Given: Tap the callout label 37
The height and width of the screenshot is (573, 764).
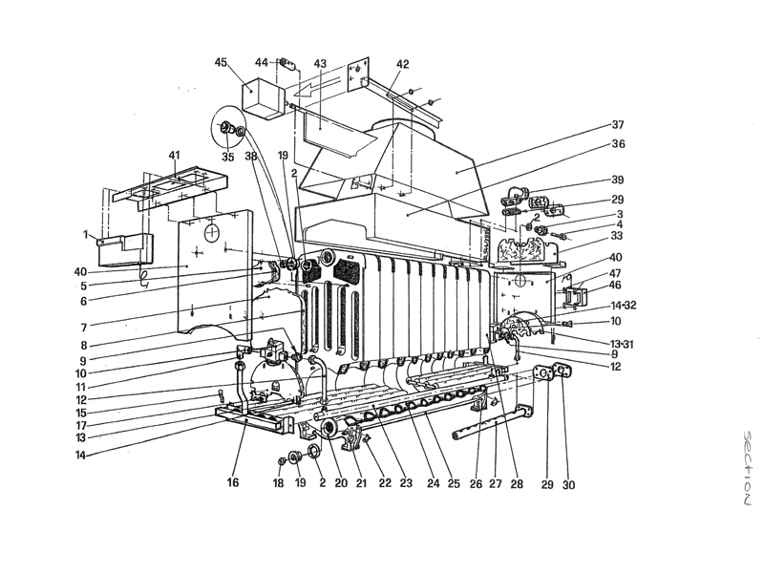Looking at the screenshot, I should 619,125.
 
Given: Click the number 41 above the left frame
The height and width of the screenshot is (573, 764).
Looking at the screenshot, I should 174,155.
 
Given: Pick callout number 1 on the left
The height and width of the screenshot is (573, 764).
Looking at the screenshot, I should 85,235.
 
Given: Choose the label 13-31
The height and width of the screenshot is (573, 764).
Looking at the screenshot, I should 624,343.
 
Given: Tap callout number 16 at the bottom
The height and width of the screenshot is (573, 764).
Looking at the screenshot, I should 232,483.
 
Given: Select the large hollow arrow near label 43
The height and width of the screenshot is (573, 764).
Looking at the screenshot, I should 308,91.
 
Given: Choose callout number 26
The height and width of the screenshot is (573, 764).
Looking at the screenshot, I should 475,483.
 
